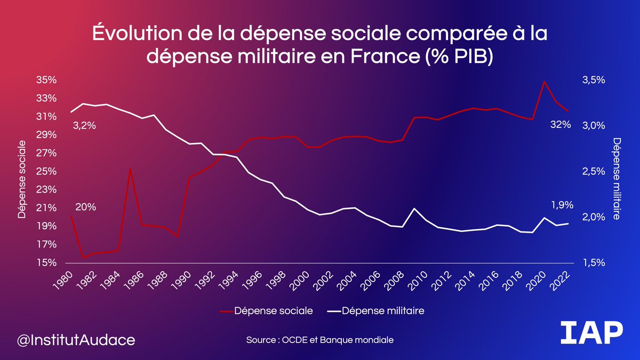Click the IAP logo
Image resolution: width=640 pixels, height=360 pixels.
coord(592,334)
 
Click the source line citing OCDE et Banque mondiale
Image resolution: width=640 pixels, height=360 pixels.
coord(320,340)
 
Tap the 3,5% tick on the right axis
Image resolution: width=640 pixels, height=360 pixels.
coord(593,80)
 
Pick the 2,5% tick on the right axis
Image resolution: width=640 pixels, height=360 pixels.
coord(593,172)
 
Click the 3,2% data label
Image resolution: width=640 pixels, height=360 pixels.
coord(83,126)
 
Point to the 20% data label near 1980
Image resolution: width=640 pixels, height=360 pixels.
coord(85,207)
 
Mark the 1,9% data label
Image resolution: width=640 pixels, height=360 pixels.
coord(562,205)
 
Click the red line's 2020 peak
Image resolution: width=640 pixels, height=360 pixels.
coord(544,82)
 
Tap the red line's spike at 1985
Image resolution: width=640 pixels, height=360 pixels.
coord(130,169)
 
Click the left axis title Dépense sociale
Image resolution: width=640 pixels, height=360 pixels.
coord(22,179)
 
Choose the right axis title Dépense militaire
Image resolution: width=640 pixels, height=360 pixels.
coord(617,179)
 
